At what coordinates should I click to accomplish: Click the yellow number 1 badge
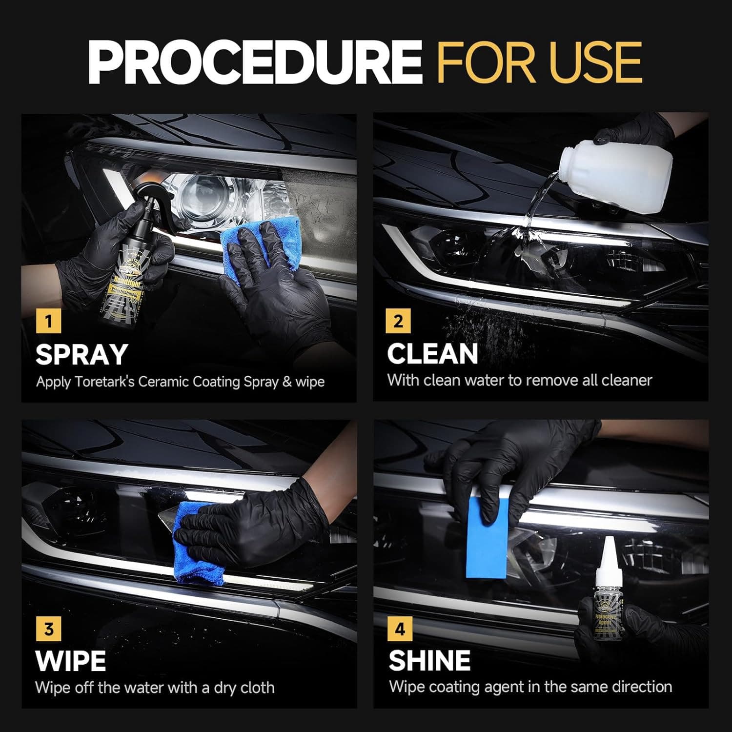[x=48, y=322]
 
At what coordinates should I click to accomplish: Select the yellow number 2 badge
[x=398, y=321]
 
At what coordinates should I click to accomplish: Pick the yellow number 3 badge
[x=48, y=629]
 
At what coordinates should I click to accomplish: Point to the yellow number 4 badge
[x=400, y=629]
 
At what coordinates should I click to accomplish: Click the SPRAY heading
[x=81, y=355]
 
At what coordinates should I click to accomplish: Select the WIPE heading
[x=71, y=661]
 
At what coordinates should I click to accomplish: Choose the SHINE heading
[x=429, y=661]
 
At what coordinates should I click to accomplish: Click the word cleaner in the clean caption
[x=627, y=380]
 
